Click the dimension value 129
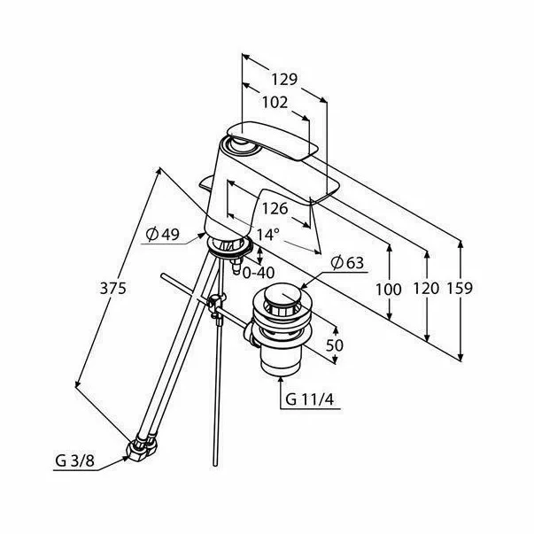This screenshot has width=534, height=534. pyautogui.click(x=284, y=79)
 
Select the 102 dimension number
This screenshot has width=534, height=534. pyautogui.click(x=275, y=102)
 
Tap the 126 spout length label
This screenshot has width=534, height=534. pyautogui.click(x=275, y=208)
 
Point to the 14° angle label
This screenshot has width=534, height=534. pyautogui.click(x=267, y=235)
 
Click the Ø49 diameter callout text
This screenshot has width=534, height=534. pyautogui.click(x=162, y=234)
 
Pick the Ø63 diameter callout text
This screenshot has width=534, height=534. pyautogui.click(x=347, y=263)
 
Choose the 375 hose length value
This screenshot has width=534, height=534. pyautogui.click(x=113, y=289)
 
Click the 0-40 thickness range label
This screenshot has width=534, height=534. pyautogui.click(x=259, y=273)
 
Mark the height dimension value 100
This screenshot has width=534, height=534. pyautogui.click(x=389, y=290)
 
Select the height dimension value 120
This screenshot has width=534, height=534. pyautogui.click(x=426, y=289)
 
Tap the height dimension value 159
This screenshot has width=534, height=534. pyautogui.click(x=460, y=288)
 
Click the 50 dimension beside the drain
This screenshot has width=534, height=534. pyautogui.click(x=334, y=345)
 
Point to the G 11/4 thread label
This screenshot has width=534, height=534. pyautogui.click(x=310, y=399)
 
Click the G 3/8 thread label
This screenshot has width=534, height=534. pyautogui.click(x=74, y=461)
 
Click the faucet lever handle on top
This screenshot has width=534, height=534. pyautogui.click(x=272, y=142)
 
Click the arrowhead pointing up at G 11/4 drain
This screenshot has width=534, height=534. pyautogui.click(x=281, y=380)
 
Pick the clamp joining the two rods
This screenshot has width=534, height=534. pyautogui.click(x=216, y=305)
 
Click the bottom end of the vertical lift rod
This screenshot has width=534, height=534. pyautogui.click(x=215, y=465)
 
